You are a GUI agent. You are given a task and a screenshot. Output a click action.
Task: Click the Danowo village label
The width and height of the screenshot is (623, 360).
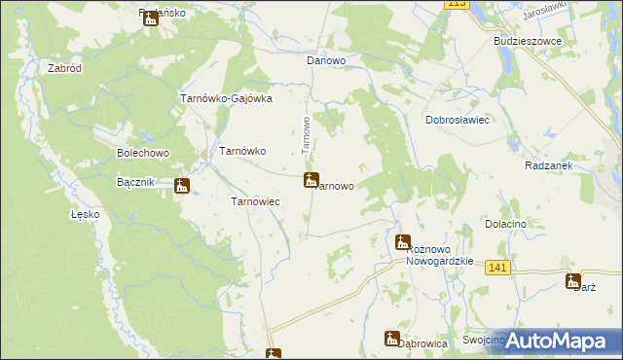[x=327, y=60]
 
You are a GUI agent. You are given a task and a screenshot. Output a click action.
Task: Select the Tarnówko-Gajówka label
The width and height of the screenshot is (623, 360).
[x=226, y=98]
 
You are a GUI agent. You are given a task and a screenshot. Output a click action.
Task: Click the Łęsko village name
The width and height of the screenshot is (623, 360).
[x=85, y=214]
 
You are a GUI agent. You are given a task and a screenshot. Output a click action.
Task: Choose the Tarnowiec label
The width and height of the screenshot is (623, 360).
[x=255, y=201]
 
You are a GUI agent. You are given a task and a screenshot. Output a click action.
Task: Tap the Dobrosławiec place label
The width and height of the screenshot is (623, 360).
[x=457, y=120]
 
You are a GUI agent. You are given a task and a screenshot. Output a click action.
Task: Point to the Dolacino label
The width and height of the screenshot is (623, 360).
[x=505, y=224]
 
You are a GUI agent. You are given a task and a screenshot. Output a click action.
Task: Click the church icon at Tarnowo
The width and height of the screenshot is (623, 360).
[x=311, y=180]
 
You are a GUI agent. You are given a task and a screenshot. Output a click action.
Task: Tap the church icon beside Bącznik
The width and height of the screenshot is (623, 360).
[x=182, y=186]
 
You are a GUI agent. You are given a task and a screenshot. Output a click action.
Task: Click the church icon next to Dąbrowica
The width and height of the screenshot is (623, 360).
[x=392, y=339]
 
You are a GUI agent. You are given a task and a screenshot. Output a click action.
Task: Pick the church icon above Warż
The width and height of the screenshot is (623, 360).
[x=573, y=281]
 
